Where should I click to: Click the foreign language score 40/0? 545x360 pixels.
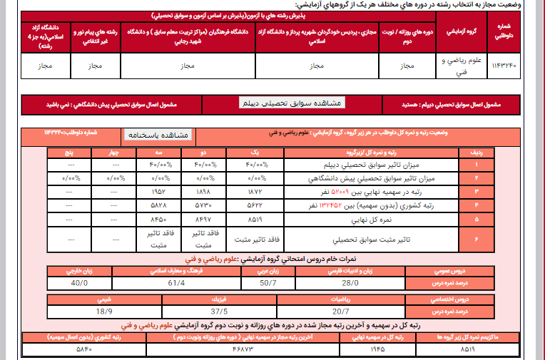pos(80,283)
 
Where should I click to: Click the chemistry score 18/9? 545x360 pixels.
pos(104,311)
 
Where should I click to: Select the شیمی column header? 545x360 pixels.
pos(104,299)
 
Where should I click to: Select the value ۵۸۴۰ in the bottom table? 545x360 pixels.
pos(83,350)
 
